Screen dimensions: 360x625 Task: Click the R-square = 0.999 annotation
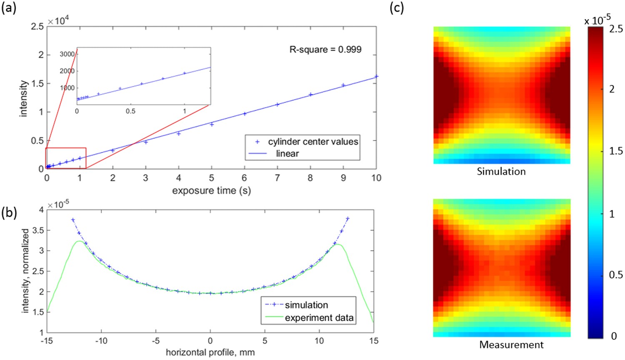pyautogui.click(x=325, y=50)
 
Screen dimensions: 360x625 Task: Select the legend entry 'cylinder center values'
pyautogui.click(x=312, y=142)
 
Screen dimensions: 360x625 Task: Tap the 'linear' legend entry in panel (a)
pyautogui.click(x=287, y=154)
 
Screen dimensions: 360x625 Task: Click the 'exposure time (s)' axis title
pyautogui.click(x=211, y=191)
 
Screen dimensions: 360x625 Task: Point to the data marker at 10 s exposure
pyautogui.click(x=376, y=76)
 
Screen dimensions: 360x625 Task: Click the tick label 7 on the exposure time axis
pyautogui.click(x=277, y=178)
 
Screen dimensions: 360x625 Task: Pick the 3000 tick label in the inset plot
pyautogui.click(x=67, y=54)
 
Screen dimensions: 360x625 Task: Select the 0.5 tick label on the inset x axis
pyautogui.click(x=130, y=111)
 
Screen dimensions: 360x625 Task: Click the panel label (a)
pyautogui.click(x=9, y=8)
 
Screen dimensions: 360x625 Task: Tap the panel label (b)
pyautogui.click(x=9, y=212)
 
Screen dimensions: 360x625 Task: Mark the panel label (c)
pyautogui.click(x=396, y=8)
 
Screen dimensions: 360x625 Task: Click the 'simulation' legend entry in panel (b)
pyautogui.click(x=306, y=305)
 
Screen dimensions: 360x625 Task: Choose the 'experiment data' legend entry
pyautogui.click(x=319, y=318)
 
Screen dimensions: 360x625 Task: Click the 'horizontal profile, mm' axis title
pyautogui.click(x=210, y=352)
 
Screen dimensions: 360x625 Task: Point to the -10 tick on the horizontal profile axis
pyautogui.click(x=101, y=341)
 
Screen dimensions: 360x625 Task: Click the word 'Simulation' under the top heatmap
pyautogui.click(x=501, y=171)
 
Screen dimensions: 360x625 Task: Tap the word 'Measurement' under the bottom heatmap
pyautogui.click(x=511, y=345)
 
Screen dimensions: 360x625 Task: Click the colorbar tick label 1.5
pyautogui.click(x=616, y=151)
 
